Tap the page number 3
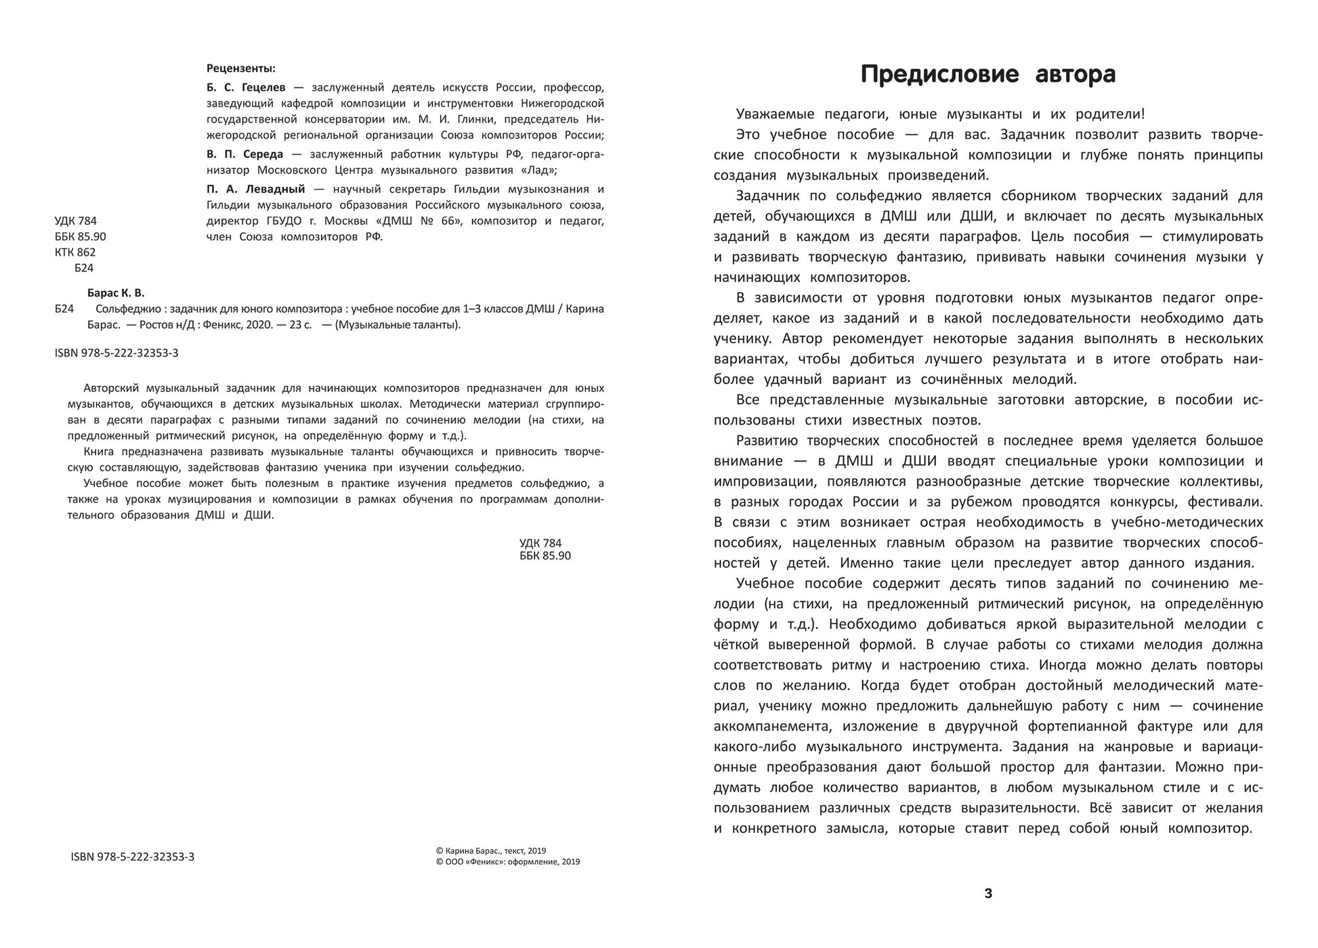click(988, 893)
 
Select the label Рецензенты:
click(240, 68)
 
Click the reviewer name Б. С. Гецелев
click(247, 87)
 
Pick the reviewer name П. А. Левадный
click(256, 189)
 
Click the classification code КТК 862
click(75, 252)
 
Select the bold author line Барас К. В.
click(116, 293)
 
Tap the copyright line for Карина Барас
click(491, 851)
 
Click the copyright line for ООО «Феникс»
click(508, 862)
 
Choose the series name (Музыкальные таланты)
click(400, 325)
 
